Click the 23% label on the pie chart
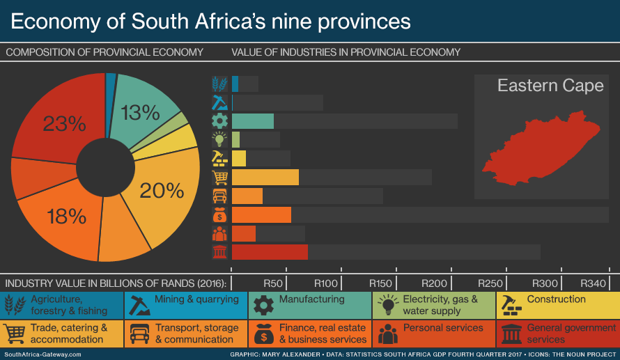click(x=64, y=124)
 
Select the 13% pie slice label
click(x=140, y=113)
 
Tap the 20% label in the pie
click(x=161, y=190)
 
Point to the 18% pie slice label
click(x=66, y=217)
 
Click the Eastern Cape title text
click(x=550, y=86)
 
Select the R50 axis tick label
click(x=273, y=283)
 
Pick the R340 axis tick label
click(x=594, y=283)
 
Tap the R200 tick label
click(x=435, y=283)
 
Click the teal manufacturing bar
click(x=253, y=120)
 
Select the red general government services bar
click(x=270, y=251)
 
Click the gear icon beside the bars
click(x=219, y=120)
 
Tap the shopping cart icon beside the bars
click(x=219, y=177)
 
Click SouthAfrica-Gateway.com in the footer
click(x=42, y=354)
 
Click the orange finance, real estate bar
click(x=261, y=214)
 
